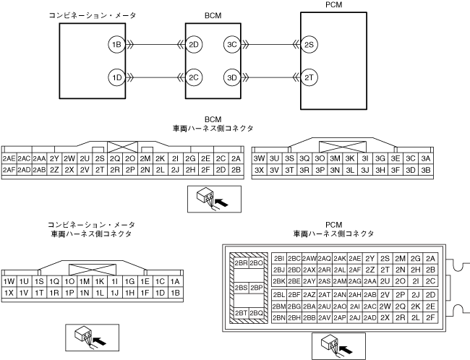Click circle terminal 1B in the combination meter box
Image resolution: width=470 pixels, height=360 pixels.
click(x=116, y=45)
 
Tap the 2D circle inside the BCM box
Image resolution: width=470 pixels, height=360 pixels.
click(x=194, y=45)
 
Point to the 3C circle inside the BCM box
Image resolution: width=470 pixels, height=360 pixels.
click(x=232, y=45)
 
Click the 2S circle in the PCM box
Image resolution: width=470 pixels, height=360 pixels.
click(x=309, y=45)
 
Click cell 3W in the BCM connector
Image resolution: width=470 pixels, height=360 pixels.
click(x=259, y=158)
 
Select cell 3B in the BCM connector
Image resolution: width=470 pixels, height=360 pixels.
click(x=426, y=170)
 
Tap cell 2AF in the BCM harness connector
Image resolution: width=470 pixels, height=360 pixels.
click(x=9, y=170)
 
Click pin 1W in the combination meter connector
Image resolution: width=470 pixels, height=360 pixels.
click(x=9, y=281)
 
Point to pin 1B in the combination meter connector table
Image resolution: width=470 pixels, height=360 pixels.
click(x=176, y=293)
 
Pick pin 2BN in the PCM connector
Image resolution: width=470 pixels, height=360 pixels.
click(x=279, y=317)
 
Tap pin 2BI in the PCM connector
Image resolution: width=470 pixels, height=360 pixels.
click(x=279, y=258)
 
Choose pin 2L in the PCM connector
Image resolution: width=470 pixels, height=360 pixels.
click(x=415, y=317)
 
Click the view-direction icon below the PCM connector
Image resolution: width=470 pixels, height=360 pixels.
click(x=333, y=346)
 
